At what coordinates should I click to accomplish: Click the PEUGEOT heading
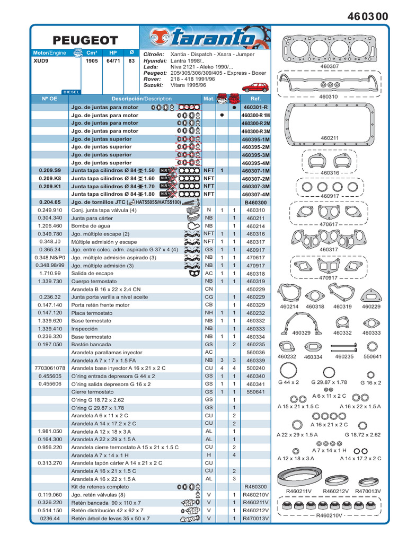(x=85, y=40)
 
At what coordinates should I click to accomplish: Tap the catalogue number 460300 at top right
(x=368, y=16)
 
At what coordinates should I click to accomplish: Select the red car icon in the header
(x=255, y=87)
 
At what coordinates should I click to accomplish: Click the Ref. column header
(x=255, y=99)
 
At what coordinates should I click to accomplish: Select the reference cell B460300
(x=255, y=203)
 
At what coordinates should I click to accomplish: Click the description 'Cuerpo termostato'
(x=94, y=281)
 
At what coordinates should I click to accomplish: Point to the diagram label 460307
(x=329, y=67)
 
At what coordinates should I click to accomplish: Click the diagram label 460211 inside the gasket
(x=330, y=138)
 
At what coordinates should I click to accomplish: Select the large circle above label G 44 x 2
(x=289, y=371)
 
